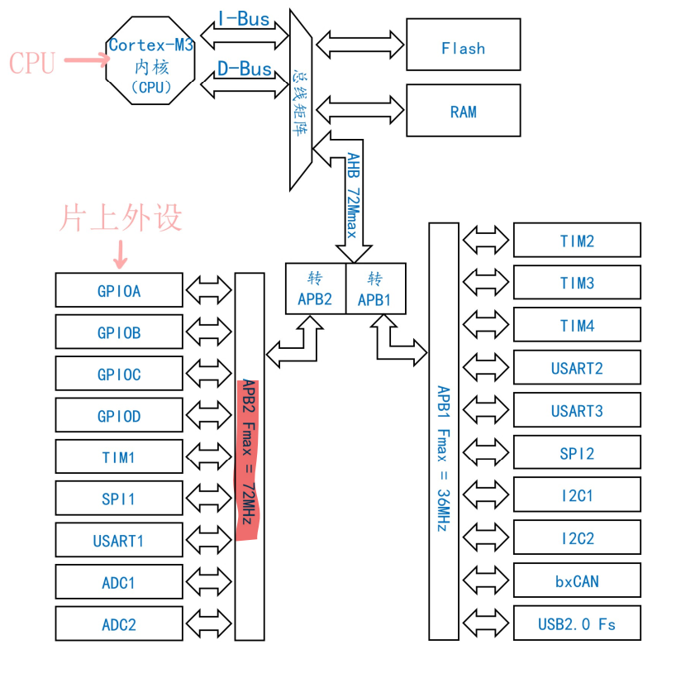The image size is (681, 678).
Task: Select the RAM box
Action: point(463,110)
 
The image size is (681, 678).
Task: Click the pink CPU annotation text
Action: point(32,62)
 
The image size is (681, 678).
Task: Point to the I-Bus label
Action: point(243,19)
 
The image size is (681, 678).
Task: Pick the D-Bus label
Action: point(244,69)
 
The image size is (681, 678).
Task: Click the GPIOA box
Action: point(118,290)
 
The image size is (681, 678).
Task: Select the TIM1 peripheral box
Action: point(118,457)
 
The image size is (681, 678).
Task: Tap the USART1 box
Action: point(118,541)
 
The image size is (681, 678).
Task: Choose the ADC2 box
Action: point(118,624)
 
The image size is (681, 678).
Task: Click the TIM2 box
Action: point(577,241)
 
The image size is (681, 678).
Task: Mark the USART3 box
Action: point(577,410)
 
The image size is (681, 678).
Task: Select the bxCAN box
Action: point(577,580)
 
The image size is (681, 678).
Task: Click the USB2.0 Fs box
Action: point(577,623)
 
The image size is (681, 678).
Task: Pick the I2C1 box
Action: point(577,495)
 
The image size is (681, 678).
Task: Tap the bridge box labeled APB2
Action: point(315,289)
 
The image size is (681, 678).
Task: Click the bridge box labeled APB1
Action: point(375,289)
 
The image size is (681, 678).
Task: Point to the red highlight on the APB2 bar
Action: point(249,459)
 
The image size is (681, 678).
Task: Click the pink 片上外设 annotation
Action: point(120,217)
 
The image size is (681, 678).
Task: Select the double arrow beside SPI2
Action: point(486,453)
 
